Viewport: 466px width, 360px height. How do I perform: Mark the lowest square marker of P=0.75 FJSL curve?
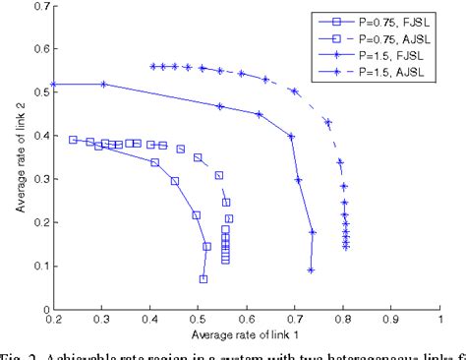pyautogui.click(x=204, y=279)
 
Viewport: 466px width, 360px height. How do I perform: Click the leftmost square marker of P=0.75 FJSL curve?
pyautogui.click(x=73, y=140)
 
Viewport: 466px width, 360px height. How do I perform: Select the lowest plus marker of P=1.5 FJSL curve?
pyautogui.click(x=311, y=270)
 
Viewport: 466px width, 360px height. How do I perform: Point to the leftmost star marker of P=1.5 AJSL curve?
pyautogui.click(x=153, y=67)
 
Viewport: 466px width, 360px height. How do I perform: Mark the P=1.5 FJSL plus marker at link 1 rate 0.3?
pyautogui.click(x=102, y=85)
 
